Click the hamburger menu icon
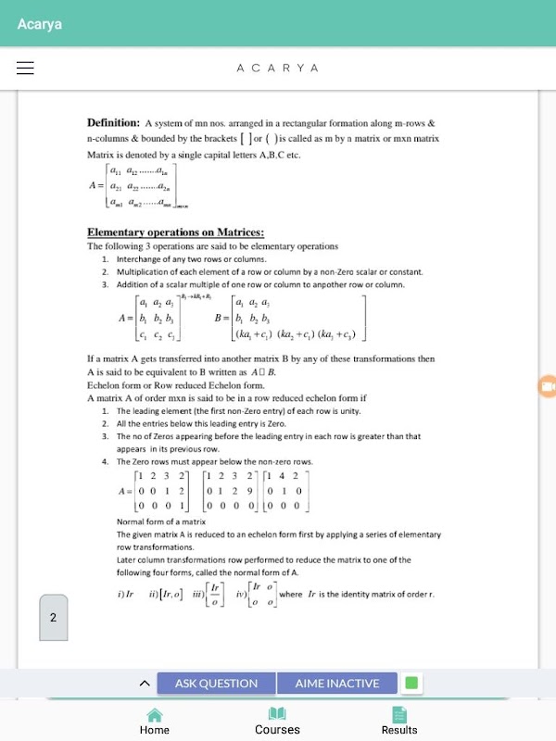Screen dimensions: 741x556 (25, 68)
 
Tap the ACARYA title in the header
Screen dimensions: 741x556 (278, 69)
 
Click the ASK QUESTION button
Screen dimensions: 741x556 (216, 684)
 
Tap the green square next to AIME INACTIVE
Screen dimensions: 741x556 (411, 684)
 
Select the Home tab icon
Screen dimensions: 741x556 (155, 714)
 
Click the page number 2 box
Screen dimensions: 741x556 (53, 618)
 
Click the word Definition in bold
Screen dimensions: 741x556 (113, 122)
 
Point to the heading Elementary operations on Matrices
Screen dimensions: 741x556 (175, 232)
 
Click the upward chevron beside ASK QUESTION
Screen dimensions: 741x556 (145, 684)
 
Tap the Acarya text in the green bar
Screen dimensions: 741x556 (40, 24)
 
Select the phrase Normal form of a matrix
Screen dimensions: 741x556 (161, 521)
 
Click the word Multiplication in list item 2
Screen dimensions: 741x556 (144, 272)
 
